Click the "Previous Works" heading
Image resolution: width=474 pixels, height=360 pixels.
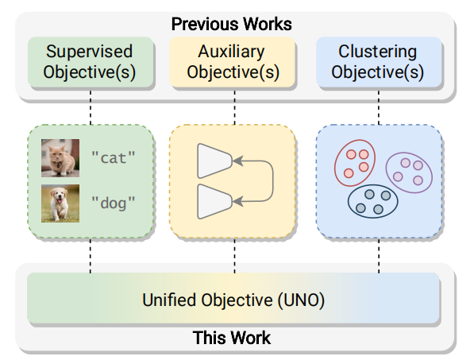232,24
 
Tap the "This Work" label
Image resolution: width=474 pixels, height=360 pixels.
232,338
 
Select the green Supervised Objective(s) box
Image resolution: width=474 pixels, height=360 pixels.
91,62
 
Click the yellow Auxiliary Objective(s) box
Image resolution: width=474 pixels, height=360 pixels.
232,62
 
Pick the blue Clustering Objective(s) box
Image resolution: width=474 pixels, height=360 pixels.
379,62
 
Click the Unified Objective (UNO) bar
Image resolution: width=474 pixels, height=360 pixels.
233,298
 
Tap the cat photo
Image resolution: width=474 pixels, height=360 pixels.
60,158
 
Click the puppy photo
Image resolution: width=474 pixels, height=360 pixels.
60,203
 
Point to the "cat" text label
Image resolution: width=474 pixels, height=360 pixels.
114,158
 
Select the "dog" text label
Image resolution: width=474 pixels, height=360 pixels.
114,203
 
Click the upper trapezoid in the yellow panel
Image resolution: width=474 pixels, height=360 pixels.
214,161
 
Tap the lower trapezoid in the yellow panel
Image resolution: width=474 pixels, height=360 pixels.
214,202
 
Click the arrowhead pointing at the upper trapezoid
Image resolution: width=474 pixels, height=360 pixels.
238,161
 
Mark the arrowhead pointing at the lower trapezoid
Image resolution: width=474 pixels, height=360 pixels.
238,201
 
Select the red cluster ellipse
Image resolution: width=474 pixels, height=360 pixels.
335,164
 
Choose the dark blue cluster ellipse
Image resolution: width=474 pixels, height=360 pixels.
349,201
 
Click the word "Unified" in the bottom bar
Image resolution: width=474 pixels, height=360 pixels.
170,300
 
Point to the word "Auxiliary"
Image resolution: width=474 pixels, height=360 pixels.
232,52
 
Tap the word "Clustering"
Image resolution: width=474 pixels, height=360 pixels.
378,52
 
